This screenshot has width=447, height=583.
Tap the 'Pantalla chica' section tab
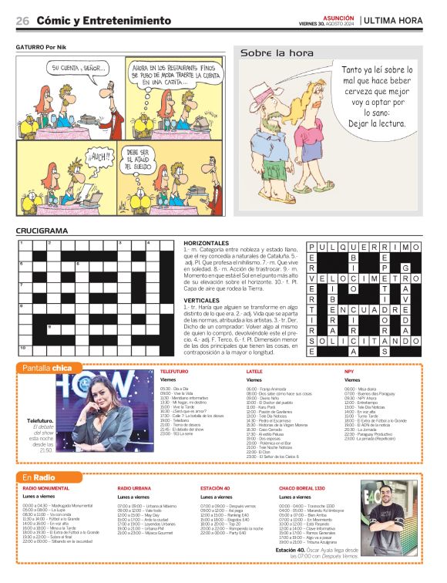(x=47, y=367)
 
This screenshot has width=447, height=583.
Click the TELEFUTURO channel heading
(x=175, y=371)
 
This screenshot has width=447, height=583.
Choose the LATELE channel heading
(x=255, y=371)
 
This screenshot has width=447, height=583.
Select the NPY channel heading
(x=349, y=371)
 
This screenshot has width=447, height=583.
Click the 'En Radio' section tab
(x=39, y=478)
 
